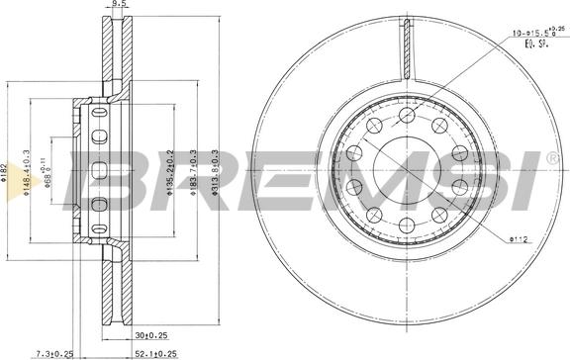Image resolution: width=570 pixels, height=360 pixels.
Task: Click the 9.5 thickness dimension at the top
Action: [x=119, y=4]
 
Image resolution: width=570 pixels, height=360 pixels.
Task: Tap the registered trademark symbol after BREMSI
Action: [x=551, y=157]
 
